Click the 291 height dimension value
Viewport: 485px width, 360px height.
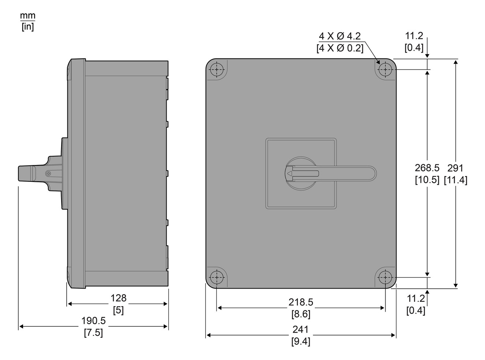(x=455, y=168)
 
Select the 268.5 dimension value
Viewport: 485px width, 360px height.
(x=426, y=168)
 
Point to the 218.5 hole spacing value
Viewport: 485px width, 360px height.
(x=301, y=302)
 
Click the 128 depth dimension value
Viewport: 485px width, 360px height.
(x=118, y=298)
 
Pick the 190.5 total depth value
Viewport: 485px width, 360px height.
(x=93, y=321)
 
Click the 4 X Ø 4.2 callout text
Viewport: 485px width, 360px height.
(x=340, y=36)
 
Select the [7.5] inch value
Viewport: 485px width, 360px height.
(x=93, y=333)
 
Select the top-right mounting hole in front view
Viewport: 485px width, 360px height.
(x=385, y=70)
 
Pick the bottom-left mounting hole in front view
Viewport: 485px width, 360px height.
(x=217, y=277)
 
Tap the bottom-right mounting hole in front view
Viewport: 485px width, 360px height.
(x=385, y=277)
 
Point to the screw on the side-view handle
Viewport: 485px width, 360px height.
(x=48, y=174)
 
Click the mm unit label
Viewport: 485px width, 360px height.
(x=27, y=16)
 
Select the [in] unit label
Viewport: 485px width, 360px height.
(x=27, y=27)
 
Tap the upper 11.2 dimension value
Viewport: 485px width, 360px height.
(x=414, y=36)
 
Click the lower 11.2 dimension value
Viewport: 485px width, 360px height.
(x=416, y=299)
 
